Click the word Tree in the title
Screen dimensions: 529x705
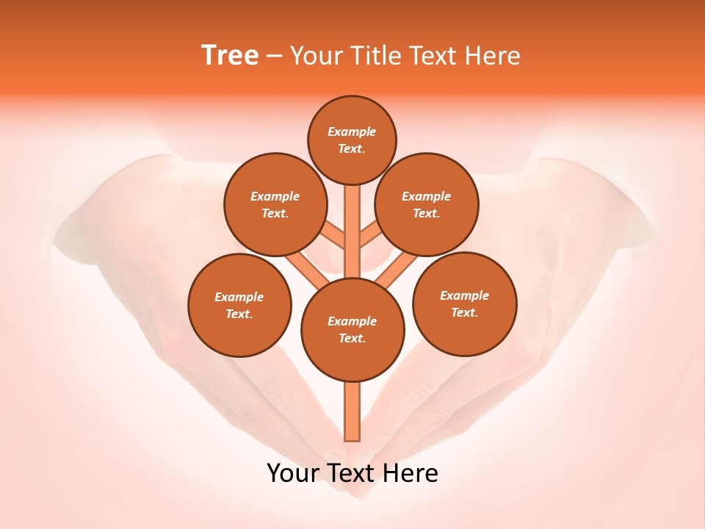pos(230,56)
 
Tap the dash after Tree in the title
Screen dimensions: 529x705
pos(275,57)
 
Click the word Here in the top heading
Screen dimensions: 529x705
pos(494,57)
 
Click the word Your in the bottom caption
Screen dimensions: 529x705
pos(293,473)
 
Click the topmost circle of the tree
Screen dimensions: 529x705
pos(352,140)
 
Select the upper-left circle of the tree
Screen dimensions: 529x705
pos(275,204)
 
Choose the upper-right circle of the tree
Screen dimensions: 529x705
pos(427,204)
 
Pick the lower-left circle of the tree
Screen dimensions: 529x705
pos(239,305)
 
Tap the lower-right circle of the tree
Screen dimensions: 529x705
pos(464,303)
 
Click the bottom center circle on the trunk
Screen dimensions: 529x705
pos(352,330)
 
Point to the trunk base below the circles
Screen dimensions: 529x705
pos(352,411)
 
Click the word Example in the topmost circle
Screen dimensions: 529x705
pos(352,132)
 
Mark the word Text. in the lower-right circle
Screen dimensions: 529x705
pos(464,312)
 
